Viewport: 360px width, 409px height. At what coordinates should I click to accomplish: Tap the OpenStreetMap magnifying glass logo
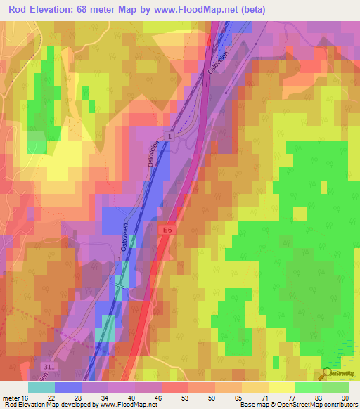(x=328, y=374)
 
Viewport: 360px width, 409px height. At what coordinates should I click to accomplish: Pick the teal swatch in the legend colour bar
(x=41, y=387)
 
